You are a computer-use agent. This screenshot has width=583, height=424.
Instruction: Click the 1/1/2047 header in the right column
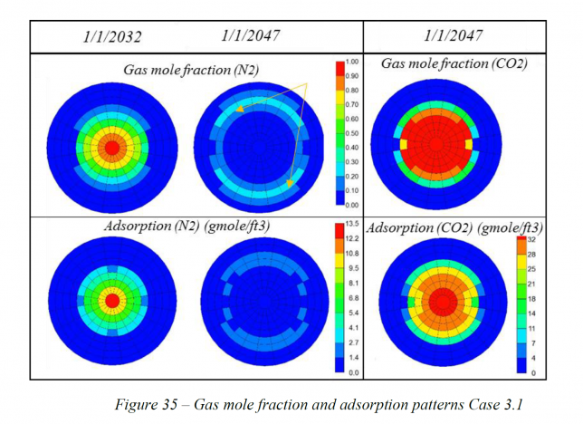[454, 36]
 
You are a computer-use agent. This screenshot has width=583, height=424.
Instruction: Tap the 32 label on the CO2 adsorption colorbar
[534, 240]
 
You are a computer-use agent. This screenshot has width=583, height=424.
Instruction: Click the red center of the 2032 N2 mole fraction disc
[111, 146]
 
